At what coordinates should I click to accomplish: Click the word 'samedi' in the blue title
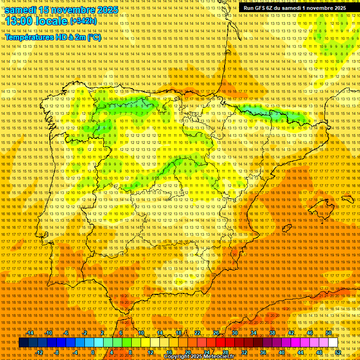tap(21, 10)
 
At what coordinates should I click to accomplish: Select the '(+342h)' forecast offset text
tap(83, 21)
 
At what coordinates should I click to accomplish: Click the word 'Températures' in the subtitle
tap(29, 37)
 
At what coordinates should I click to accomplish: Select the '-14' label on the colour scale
tap(30, 333)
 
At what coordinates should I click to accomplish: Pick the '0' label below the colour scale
tap(93, 352)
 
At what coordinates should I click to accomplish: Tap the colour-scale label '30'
tap(235, 333)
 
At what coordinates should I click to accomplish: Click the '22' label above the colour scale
tap(197, 333)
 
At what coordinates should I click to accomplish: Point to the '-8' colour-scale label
tap(57, 352)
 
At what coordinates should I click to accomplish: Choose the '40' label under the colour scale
tap(281, 352)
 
